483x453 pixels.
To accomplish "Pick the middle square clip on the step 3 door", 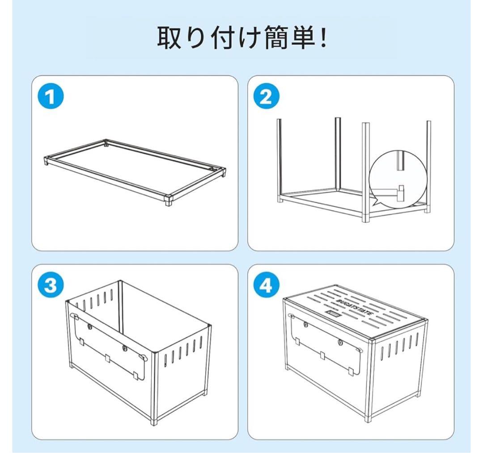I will (x=107, y=358).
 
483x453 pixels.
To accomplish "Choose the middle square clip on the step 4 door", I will (x=323, y=356).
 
